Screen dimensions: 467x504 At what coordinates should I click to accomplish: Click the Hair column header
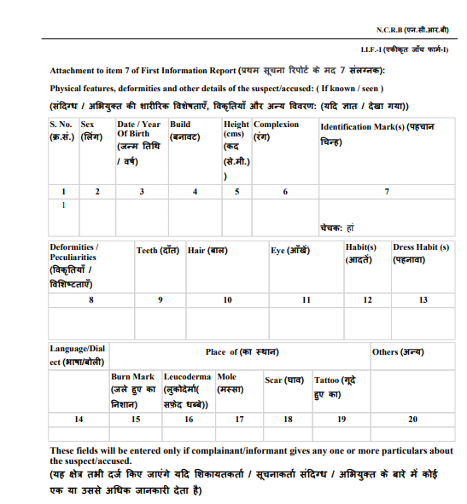[207, 251]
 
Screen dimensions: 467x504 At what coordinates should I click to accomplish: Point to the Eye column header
[290, 251]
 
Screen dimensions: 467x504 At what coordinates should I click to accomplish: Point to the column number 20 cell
[412, 419]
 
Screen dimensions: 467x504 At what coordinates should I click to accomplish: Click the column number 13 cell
[423, 299]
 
